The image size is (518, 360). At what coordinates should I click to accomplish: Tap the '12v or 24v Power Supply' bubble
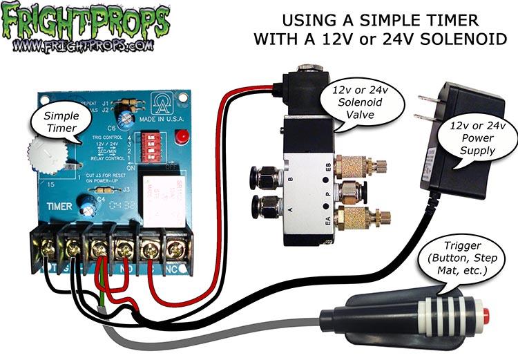(475, 138)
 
